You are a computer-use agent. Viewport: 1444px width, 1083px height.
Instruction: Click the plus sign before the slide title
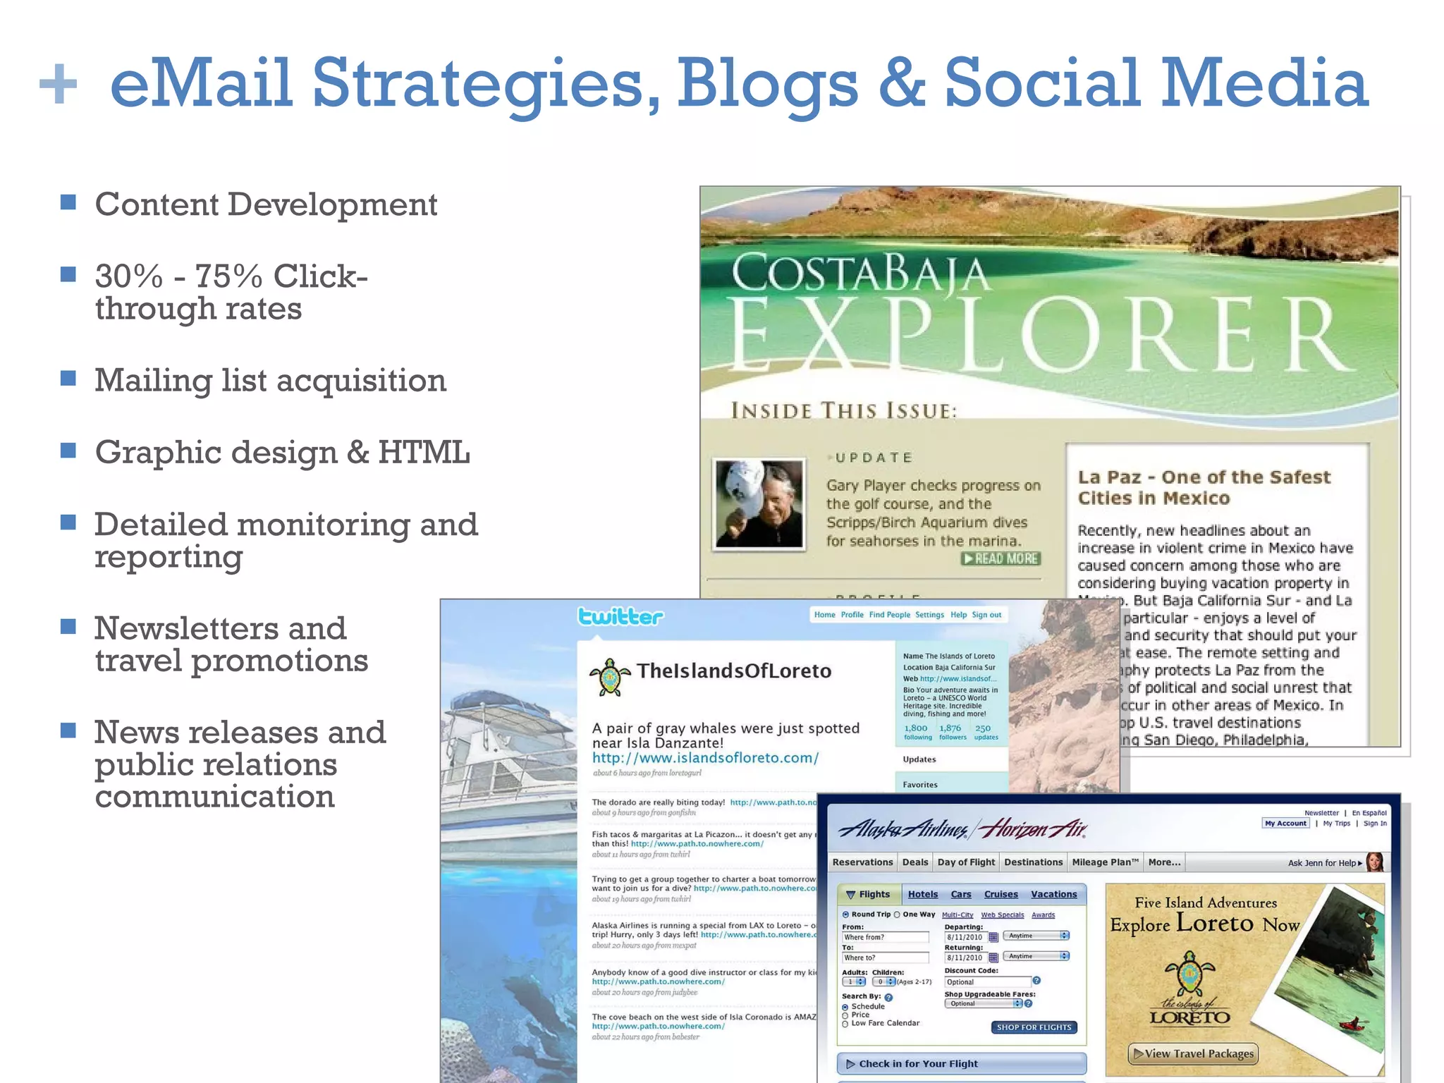(58, 84)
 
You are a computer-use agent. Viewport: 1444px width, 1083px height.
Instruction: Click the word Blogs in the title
(768, 84)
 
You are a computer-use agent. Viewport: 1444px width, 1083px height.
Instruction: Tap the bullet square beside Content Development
(68, 203)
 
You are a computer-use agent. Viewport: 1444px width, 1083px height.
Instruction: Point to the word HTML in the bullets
(424, 453)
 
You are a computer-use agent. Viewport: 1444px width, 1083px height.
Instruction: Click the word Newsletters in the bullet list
(221, 628)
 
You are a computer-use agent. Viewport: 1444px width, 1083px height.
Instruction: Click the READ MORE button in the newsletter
(1001, 558)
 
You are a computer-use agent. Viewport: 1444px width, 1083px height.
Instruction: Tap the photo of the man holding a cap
(759, 503)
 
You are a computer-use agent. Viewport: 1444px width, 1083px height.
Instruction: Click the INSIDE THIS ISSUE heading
(844, 411)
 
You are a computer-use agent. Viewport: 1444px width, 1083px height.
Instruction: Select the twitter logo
(620, 617)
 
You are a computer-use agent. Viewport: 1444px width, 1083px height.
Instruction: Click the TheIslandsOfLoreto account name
(734, 671)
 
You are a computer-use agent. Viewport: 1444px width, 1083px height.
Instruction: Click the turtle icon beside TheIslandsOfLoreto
(609, 676)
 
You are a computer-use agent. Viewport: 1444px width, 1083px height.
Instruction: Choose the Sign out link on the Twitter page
(986, 615)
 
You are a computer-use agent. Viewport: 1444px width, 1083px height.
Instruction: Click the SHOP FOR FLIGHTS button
(1034, 1027)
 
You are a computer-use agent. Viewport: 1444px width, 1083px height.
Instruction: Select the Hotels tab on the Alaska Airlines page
(922, 895)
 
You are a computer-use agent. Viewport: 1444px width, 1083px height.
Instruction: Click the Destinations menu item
(1033, 862)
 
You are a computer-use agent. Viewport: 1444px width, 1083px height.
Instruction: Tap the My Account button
(1285, 824)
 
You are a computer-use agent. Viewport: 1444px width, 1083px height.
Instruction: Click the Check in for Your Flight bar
(961, 1064)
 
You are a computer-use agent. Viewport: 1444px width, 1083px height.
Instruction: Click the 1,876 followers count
(951, 731)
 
